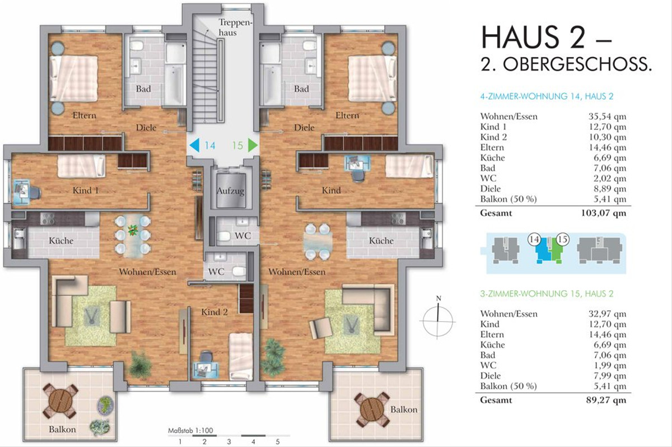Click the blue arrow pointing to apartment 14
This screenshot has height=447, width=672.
point(194,146)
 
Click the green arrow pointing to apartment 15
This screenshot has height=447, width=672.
point(253,146)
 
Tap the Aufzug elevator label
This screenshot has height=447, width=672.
point(230,191)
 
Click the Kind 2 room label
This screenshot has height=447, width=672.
point(214,313)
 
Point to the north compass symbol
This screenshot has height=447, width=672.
point(438,319)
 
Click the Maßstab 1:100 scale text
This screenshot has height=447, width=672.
point(190,431)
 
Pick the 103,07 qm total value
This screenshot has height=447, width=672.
point(604,213)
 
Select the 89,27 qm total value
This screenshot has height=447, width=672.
point(606,400)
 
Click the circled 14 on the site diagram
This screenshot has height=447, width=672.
point(534,239)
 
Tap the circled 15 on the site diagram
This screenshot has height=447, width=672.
point(562,239)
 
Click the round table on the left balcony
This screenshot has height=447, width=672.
point(60,401)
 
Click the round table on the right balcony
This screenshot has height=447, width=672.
point(372,409)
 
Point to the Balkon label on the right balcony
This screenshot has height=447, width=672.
point(404,409)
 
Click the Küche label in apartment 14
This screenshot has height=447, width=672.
point(61,241)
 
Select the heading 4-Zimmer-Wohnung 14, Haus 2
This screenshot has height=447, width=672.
point(547,96)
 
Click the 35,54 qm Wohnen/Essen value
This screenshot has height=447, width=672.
point(607,117)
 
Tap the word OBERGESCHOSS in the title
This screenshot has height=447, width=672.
point(577,64)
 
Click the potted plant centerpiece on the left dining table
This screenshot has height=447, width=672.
point(132,230)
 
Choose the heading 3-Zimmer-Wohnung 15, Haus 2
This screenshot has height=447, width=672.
point(547,294)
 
